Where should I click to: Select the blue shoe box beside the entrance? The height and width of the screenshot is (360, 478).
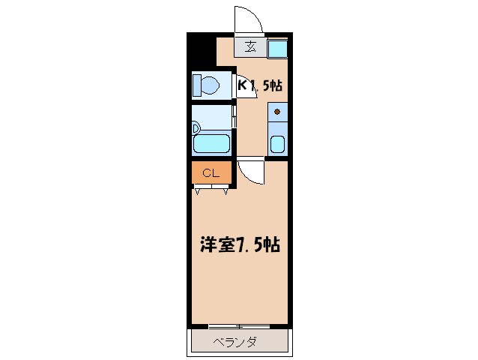coord(276,48)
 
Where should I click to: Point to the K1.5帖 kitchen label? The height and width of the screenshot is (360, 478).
coord(261,85)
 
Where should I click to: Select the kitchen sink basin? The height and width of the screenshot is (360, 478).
coord(277,143)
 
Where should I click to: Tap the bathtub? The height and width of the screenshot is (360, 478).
coord(212,144)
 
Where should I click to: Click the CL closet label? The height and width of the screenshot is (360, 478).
coord(211,173)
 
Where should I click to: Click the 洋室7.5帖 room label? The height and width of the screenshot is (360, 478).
coord(240,244)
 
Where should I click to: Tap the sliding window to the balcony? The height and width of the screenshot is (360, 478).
coord(238,326)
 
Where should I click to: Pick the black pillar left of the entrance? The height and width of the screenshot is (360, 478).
coord(200,51)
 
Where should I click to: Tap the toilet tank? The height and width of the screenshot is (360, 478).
coord(196,85)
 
